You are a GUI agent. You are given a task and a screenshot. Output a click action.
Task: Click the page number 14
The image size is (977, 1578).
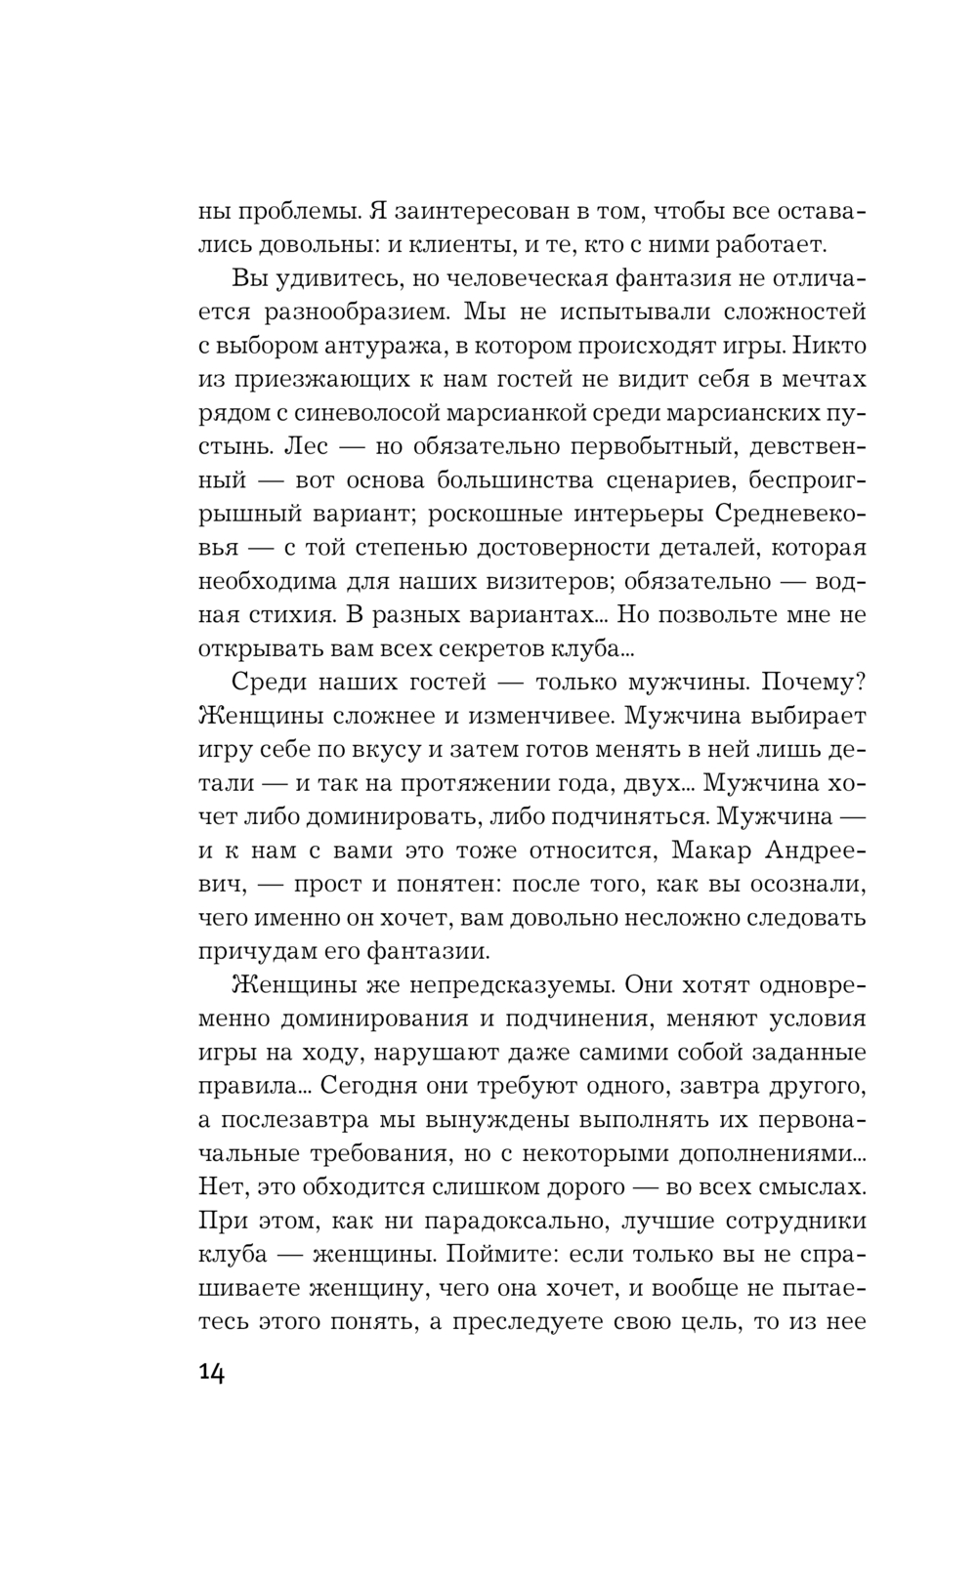[x=212, y=1373]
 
